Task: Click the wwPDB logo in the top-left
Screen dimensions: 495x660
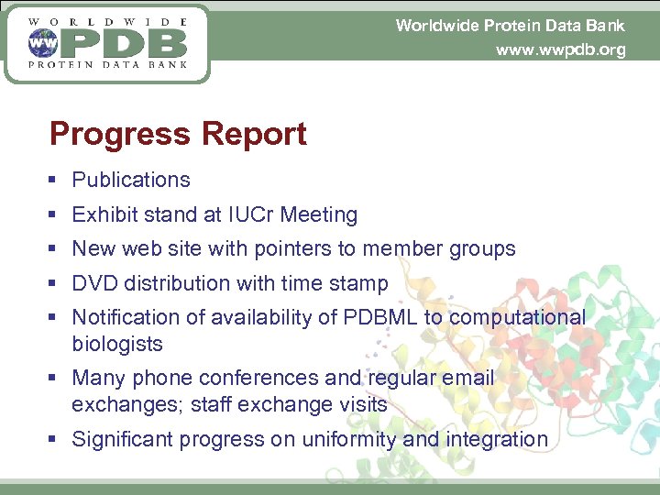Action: point(107,43)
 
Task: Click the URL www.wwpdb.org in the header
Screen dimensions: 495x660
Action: point(560,49)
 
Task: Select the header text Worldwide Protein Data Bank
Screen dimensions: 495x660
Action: point(510,25)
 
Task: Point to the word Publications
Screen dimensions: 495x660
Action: point(131,181)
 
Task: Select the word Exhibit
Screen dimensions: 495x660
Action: point(101,214)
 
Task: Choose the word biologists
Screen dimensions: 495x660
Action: point(117,345)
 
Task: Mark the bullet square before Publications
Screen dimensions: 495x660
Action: point(56,181)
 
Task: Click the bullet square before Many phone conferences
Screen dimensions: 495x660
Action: point(56,379)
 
